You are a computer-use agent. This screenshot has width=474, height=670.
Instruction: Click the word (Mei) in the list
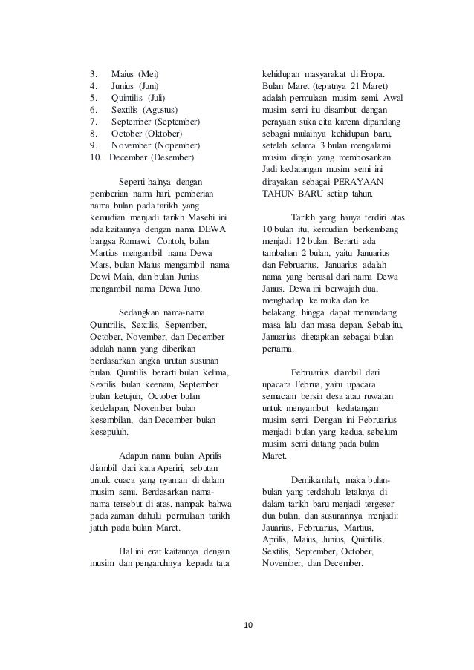pos(149,75)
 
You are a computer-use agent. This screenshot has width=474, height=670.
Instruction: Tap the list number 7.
pos(91,120)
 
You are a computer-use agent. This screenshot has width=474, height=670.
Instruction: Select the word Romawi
pos(134,241)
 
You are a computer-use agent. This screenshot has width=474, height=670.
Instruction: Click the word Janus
pos(277,289)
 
